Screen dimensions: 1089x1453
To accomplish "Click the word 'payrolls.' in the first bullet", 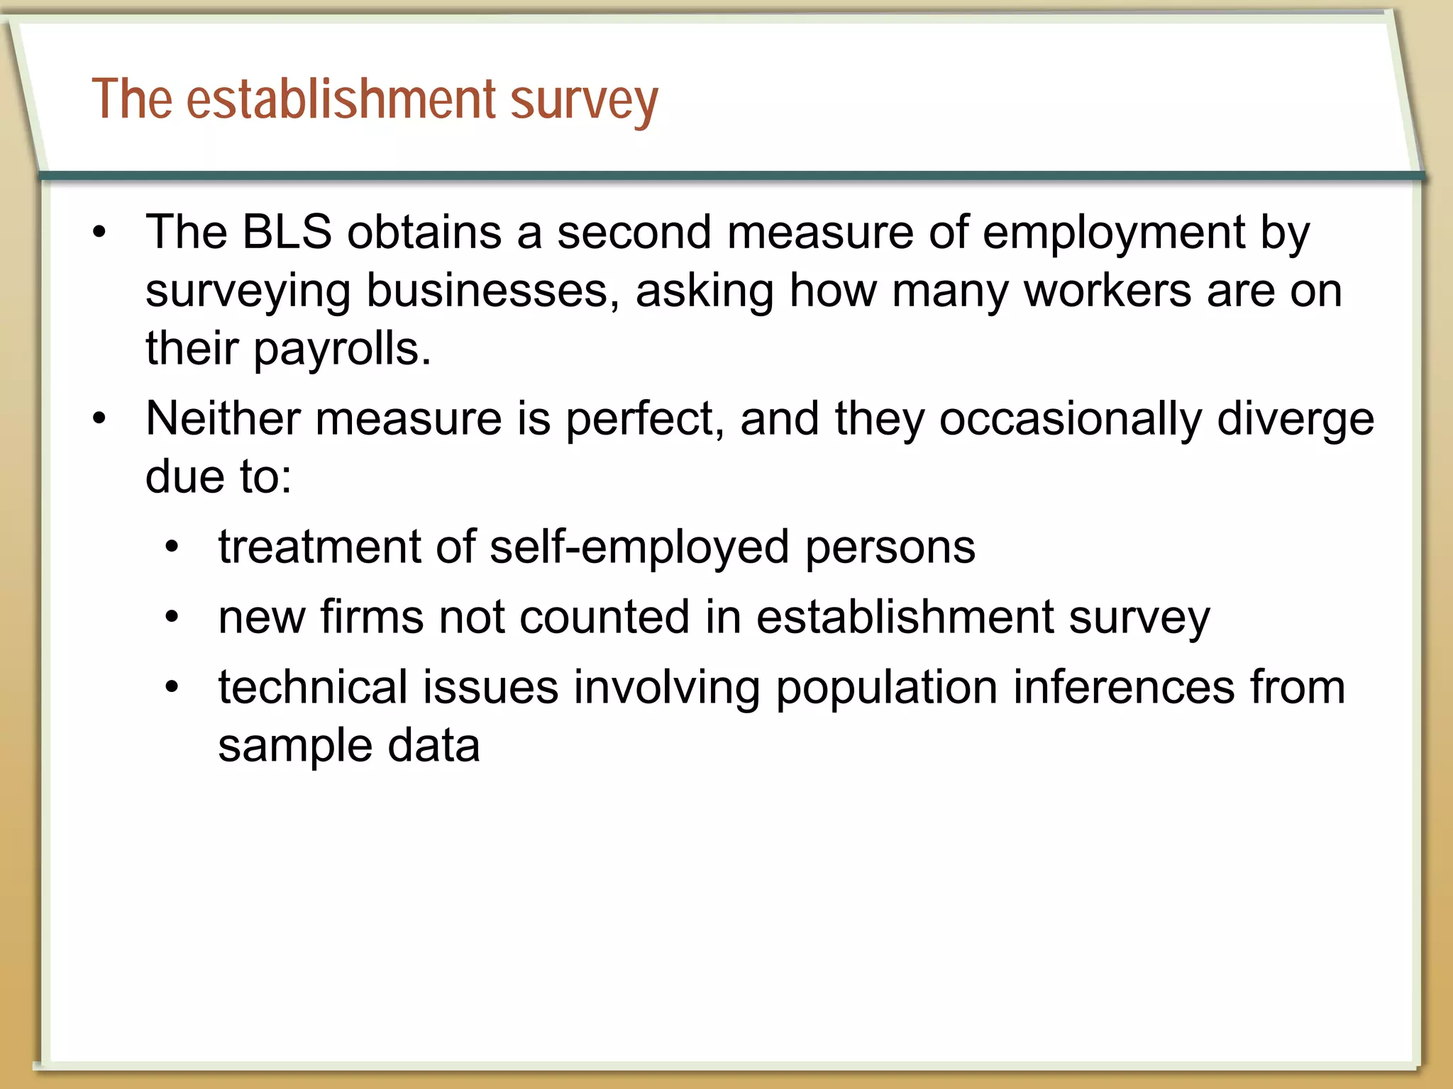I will click(x=342, y=350).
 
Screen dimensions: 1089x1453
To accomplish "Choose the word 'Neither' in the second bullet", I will click(x=223, y=418).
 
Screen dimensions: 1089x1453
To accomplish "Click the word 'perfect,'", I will click(x=645, y=418).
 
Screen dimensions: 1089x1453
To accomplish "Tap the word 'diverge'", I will click(x=1295, y=418).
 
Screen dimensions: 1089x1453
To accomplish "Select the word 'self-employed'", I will click(x=639, y=547).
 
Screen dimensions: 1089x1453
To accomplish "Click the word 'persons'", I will click(x=890, y=547).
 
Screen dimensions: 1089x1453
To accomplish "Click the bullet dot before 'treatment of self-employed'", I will click(x=172, y=547).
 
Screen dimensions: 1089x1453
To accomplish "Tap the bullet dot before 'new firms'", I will click(x=172, y=617).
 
